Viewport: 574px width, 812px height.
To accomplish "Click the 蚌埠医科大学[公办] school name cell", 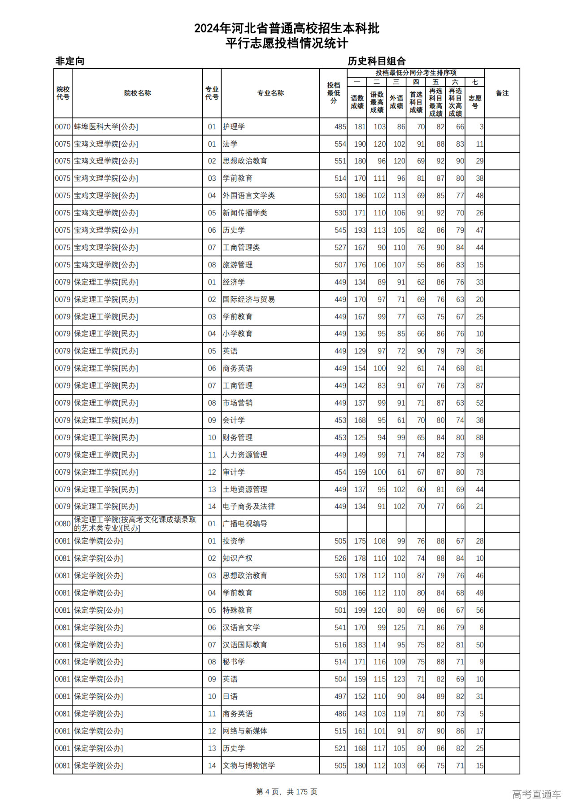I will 106,127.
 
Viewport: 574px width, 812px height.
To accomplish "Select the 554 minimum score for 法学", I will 340,144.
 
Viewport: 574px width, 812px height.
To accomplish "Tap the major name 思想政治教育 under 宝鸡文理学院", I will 245,161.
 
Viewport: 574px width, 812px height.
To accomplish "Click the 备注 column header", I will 502,93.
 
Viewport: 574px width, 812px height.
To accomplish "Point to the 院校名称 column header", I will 137,93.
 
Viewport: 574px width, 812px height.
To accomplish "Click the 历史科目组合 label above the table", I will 377,61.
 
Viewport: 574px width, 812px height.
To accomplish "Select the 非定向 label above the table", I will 70,61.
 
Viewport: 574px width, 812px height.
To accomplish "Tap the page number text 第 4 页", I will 268,792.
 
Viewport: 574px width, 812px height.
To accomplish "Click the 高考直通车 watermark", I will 536,794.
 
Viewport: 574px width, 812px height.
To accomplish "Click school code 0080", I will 63,524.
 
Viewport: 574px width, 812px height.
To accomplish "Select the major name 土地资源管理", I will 245,489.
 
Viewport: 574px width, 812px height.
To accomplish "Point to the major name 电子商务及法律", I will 249,506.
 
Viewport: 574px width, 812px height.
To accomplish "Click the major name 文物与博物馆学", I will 249,765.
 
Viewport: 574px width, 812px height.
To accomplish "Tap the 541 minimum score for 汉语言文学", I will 340,627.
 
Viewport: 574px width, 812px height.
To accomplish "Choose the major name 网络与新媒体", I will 245,731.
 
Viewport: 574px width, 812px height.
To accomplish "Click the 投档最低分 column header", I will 333,93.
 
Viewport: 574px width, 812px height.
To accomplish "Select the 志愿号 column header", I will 474,102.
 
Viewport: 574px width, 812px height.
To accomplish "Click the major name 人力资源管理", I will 245,455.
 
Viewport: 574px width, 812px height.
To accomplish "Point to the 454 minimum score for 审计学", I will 340,472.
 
